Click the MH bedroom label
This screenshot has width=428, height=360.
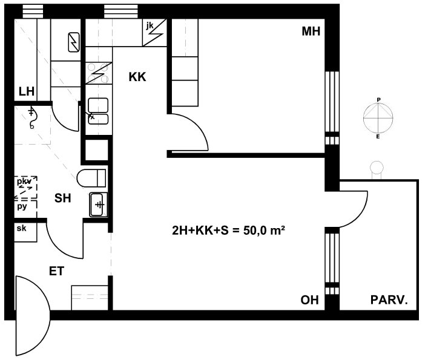click(311, 31)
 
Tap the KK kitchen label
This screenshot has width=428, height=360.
click(137, 77)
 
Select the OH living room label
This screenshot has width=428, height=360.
click(309, 299)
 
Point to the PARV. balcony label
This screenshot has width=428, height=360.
click(389, 299)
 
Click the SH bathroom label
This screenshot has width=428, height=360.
click(63, 197)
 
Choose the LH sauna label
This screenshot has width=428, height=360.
click(26, 92)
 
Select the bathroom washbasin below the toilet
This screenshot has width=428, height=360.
click(97, 204)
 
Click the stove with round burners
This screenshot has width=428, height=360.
click(98, 73)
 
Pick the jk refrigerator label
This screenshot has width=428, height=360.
click(150, 26)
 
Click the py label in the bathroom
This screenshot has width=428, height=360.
click(22, 206)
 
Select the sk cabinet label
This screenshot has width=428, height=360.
click(21, 228)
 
